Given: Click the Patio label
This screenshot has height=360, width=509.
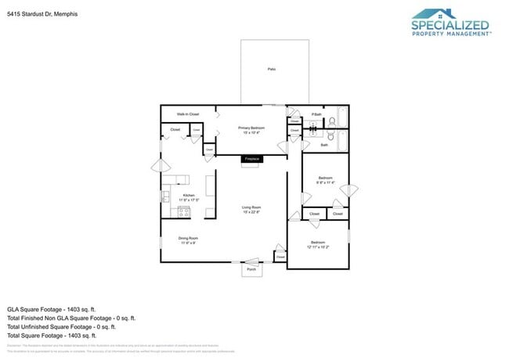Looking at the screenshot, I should [x=271, y=70].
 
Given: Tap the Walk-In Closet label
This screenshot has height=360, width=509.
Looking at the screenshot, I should [x=187, y=114].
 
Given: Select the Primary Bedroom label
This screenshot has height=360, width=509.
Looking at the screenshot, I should [x=251, y=128].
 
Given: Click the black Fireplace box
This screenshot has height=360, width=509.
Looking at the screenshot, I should [x=251, y=159].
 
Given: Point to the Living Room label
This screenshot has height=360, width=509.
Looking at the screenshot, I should [x=251, y=207].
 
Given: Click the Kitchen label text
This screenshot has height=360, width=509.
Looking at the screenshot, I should [x=189, y=196].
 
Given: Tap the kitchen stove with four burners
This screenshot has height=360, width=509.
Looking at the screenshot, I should [x=166, y=210].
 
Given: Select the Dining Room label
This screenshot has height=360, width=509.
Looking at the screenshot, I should [x=188, y=238].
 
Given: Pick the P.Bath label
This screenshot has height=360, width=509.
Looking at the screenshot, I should [x=316, y=115].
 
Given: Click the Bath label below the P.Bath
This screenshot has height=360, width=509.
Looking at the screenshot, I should [x=324, y=145].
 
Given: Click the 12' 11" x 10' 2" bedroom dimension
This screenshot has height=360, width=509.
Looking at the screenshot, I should [x=318, y=247].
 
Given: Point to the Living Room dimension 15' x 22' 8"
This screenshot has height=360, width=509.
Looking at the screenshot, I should [x=251, y=212].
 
